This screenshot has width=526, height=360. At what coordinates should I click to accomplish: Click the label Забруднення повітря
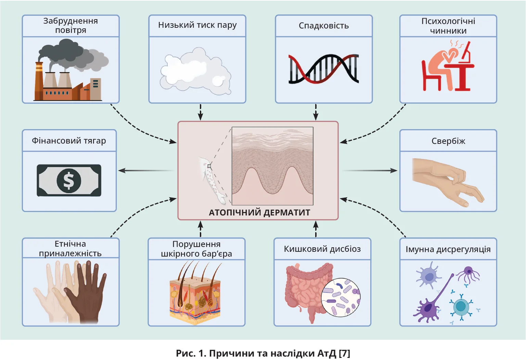[x=70, y=26]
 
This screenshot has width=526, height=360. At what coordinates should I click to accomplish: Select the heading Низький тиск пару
[x=197, y=25]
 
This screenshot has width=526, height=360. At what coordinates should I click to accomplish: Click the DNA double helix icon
[x=323, y=69]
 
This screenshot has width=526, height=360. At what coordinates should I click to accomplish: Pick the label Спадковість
[x=323, y=26]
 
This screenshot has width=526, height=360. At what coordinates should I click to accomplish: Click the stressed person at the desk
[x=445, y=67]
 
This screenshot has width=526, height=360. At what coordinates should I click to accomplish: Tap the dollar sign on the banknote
[x=69, y=180]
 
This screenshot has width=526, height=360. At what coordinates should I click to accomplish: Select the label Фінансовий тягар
[x=69, y=141]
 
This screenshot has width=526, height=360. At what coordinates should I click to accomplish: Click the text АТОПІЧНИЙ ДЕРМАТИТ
[x=259, y=213]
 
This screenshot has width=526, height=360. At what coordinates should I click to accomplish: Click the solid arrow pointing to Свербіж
[x=370, y=170]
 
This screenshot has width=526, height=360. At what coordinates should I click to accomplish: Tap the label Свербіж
[x=448, y=141]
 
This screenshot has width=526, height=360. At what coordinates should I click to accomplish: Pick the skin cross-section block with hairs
[x=195, y=295]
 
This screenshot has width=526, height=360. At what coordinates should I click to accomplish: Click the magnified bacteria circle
[x=341, y=297]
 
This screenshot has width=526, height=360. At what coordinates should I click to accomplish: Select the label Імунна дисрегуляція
[x=448, y=249]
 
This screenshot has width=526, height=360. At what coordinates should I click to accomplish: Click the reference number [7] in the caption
[x=344, y=353]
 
